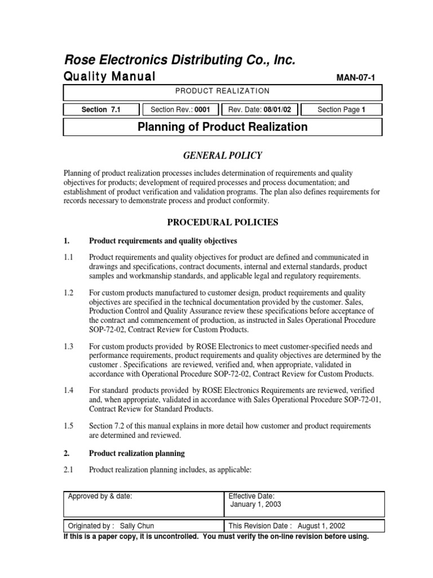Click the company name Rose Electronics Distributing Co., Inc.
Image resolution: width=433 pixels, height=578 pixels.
[179, 60]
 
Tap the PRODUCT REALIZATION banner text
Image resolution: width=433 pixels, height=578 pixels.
[222, 91]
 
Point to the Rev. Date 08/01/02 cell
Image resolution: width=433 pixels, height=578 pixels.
[260, 110]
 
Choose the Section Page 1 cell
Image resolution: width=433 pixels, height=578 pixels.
[342, 110]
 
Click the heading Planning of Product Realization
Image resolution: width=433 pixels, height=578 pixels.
[223, 127]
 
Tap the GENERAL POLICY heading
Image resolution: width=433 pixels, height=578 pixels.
[222, 156]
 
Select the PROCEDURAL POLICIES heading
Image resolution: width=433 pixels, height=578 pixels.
[222, 222]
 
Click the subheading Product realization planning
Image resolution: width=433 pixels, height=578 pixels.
[137, 453]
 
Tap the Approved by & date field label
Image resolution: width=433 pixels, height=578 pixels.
[100, 496]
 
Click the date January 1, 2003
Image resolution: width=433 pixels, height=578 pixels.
[255, 504]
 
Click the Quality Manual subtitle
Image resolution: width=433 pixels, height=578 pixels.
[109, 77]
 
